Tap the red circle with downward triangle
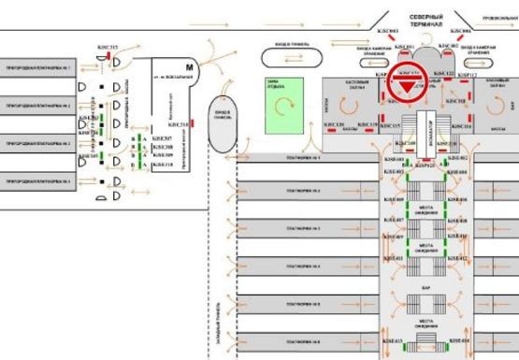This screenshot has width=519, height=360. click(408, 86)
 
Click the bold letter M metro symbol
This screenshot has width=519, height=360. click(190, 66)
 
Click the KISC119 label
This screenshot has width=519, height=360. click(368, 124)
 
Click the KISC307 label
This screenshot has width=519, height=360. click(162, 138)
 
